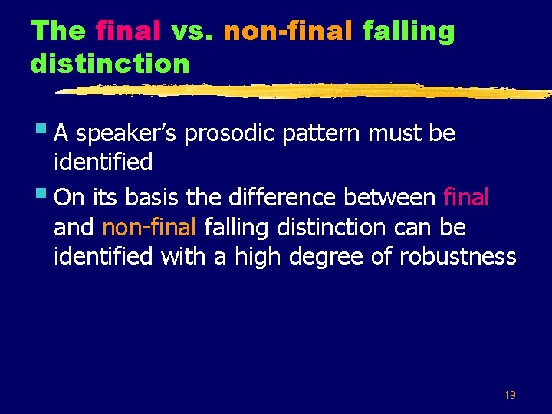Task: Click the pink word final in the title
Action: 128,31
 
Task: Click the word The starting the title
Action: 58,31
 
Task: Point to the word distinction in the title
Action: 110,63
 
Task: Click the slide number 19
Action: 510,395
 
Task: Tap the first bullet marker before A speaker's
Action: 45,132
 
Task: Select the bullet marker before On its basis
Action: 45,196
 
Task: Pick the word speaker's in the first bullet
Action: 122,134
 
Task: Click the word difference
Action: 281,198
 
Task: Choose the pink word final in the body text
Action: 466,198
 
